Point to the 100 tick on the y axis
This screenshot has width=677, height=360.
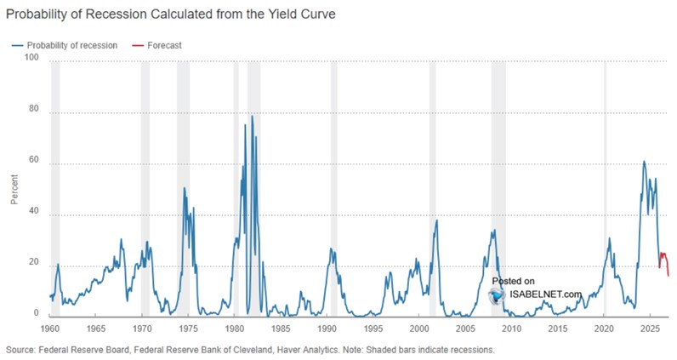(33, 58)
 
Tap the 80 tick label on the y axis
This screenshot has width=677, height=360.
(33, 109)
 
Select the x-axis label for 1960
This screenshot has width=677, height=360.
(49, 328)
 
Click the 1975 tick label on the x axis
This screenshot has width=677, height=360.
(188, 328)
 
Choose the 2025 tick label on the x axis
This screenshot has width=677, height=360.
(650, 328)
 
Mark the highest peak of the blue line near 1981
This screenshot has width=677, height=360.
(252, 116)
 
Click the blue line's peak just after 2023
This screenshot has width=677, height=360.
(644, 161)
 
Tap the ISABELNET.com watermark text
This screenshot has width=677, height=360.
(545, 294)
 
